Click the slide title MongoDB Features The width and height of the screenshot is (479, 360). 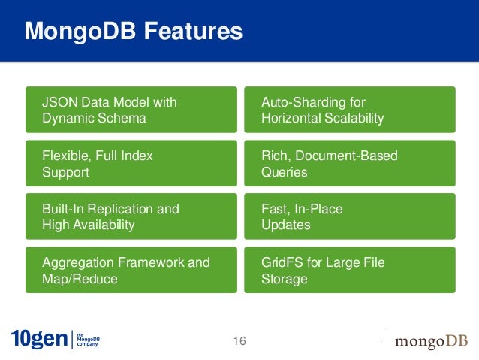133,32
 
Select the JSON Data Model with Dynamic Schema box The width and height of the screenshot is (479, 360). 131,110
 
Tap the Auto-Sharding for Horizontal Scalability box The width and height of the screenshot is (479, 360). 349,110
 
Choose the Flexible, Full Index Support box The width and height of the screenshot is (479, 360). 131,163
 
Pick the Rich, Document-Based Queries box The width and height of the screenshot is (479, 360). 349,163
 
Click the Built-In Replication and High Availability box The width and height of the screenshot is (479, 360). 131,216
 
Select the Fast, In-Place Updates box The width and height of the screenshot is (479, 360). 349,216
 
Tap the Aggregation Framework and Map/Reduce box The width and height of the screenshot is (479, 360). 131,270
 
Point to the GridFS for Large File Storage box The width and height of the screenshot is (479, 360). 349,270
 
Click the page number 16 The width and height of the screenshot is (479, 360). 239,342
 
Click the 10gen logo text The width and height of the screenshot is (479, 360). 38,340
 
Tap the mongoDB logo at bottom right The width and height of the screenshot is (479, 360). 431,342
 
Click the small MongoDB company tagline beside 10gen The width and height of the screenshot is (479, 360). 89,340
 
